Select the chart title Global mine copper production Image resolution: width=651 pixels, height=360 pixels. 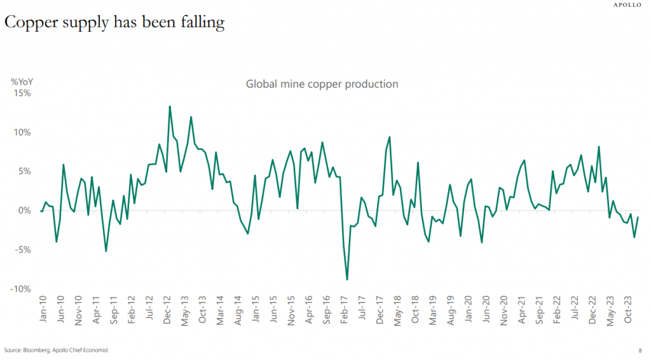tap(322, 84)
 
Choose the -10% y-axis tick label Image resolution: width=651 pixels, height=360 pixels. tap(20, 289)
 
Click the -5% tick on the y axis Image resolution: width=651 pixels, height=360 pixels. tap(22, 250)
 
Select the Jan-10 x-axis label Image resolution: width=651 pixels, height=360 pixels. tap(43, 310)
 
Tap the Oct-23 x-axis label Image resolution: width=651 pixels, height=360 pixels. tap(631, 310)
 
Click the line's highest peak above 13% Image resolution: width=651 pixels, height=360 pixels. tap(170, 106)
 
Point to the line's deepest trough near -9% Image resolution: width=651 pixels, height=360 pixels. tap(347, 279)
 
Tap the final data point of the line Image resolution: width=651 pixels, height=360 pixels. tap(638, 218)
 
